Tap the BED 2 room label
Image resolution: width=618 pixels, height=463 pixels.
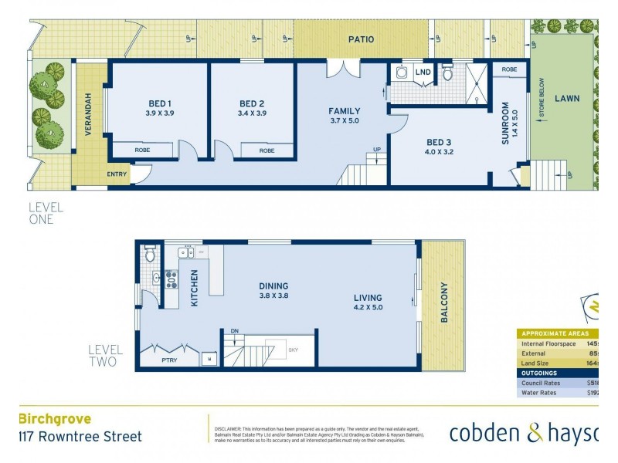coord(252,103)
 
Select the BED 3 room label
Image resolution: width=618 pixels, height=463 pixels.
coord(439,142)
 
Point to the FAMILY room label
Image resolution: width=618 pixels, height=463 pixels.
coord(345,111)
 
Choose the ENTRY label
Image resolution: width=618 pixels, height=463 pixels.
coord(117,174)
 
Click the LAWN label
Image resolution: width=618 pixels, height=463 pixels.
coord(566,99)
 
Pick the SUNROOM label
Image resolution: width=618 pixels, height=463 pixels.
coord(506,123)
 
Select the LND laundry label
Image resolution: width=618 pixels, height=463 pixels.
coord(423,73)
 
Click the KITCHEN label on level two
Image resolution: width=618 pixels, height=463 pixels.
coord(195,289)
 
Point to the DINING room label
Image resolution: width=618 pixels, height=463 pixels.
coord(273,286)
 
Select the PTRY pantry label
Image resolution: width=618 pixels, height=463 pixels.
coord(172,359)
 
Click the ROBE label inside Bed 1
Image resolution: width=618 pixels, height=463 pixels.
coord(142,150)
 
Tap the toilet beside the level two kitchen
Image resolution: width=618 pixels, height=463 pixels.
coord(150,254)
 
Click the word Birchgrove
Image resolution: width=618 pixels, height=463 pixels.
coord(54,419)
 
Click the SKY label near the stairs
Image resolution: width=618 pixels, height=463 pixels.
coord(293,350)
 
